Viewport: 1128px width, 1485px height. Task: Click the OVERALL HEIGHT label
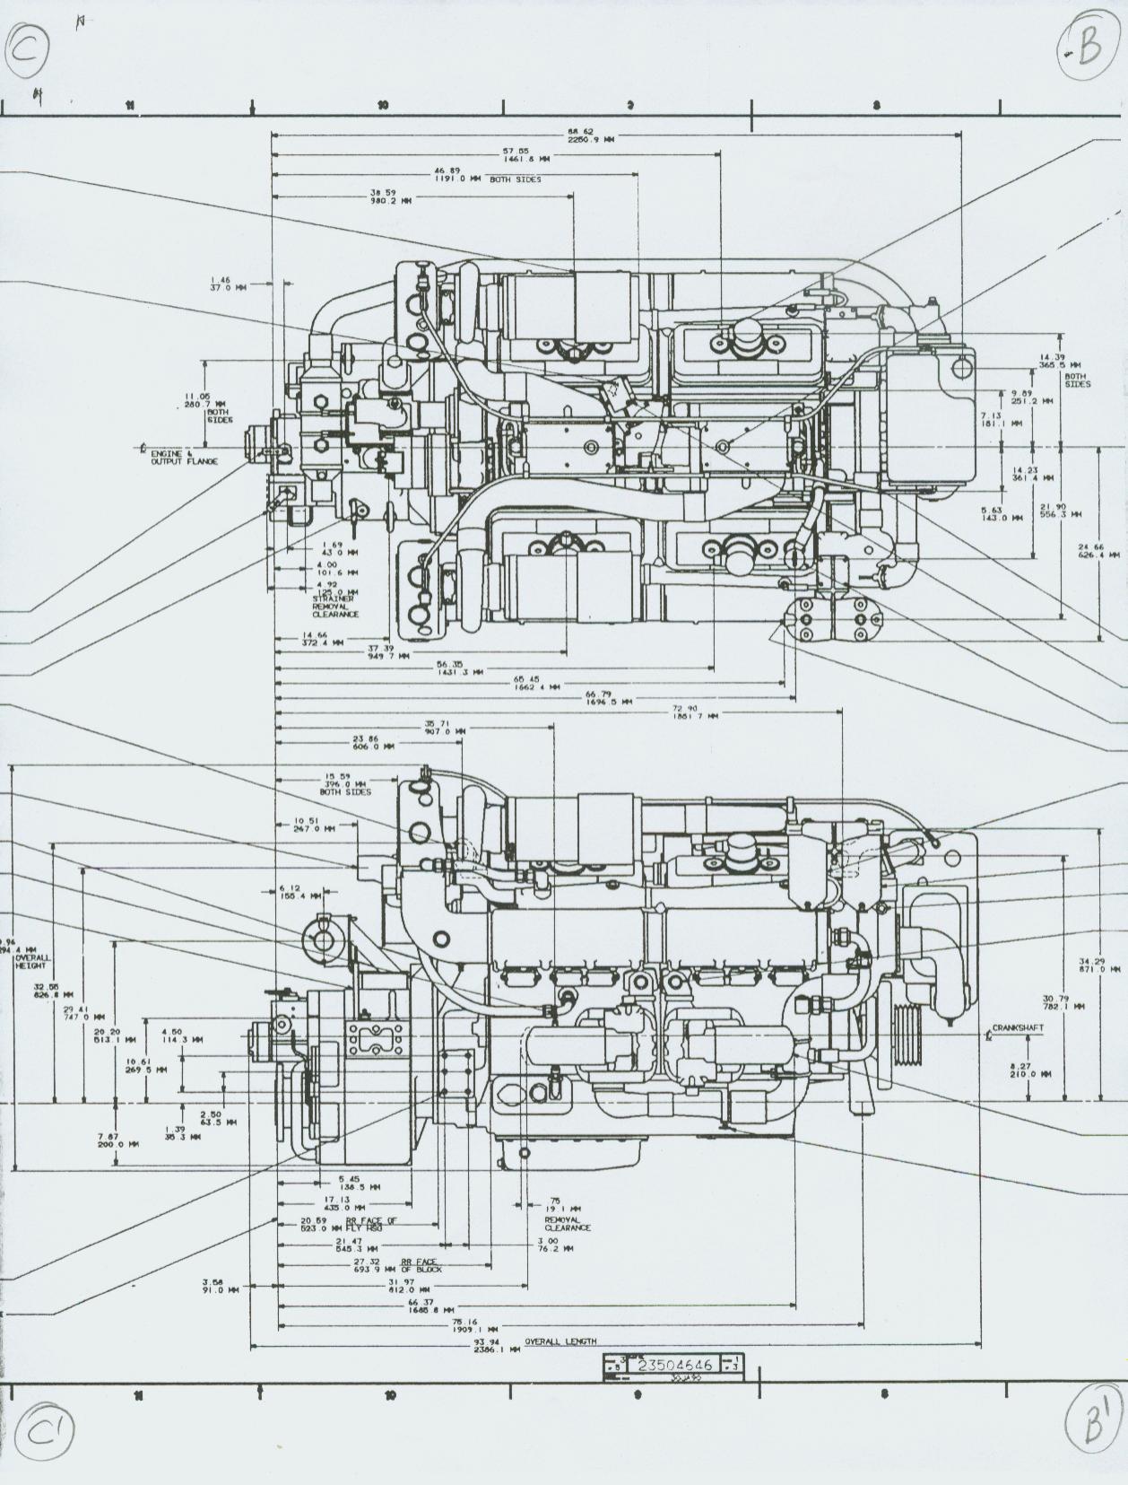point(32,962)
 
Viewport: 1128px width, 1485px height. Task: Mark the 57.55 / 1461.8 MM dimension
point(516,154)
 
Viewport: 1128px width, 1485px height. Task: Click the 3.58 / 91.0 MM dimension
point(220,1286)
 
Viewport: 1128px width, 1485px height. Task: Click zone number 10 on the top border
point(383,106)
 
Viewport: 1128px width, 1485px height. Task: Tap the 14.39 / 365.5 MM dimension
point(1051,361)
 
